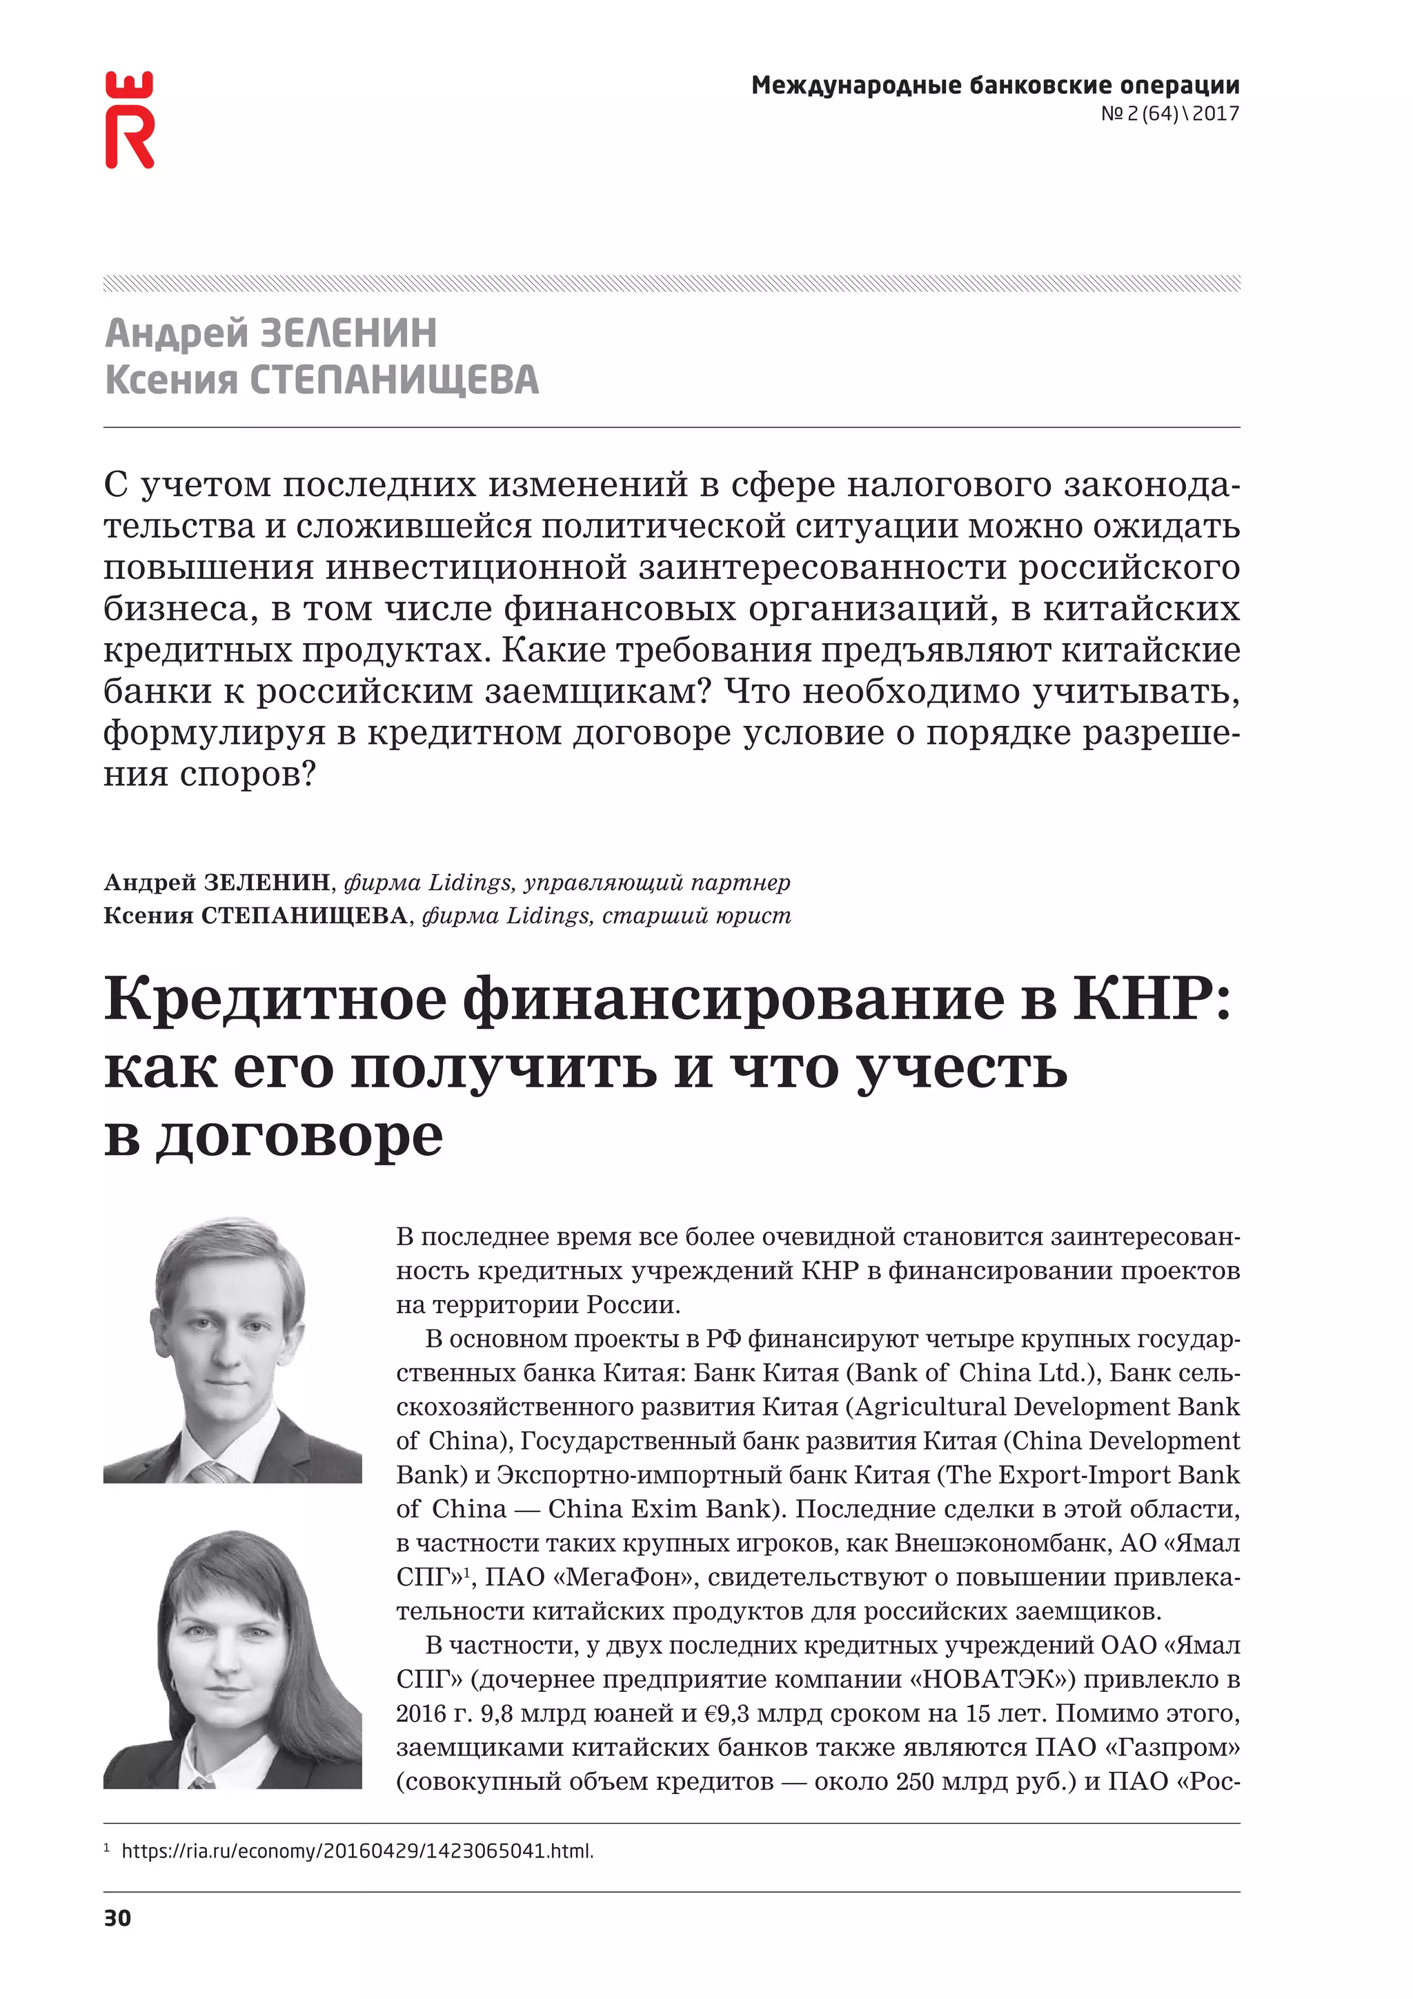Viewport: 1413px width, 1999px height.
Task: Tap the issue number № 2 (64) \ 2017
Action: [1169, 113]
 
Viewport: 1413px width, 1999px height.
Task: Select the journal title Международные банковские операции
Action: [995, 86]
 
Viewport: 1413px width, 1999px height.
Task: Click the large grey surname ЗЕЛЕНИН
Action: [348, 333]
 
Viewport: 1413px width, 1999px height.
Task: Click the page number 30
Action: [117, 1918]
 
